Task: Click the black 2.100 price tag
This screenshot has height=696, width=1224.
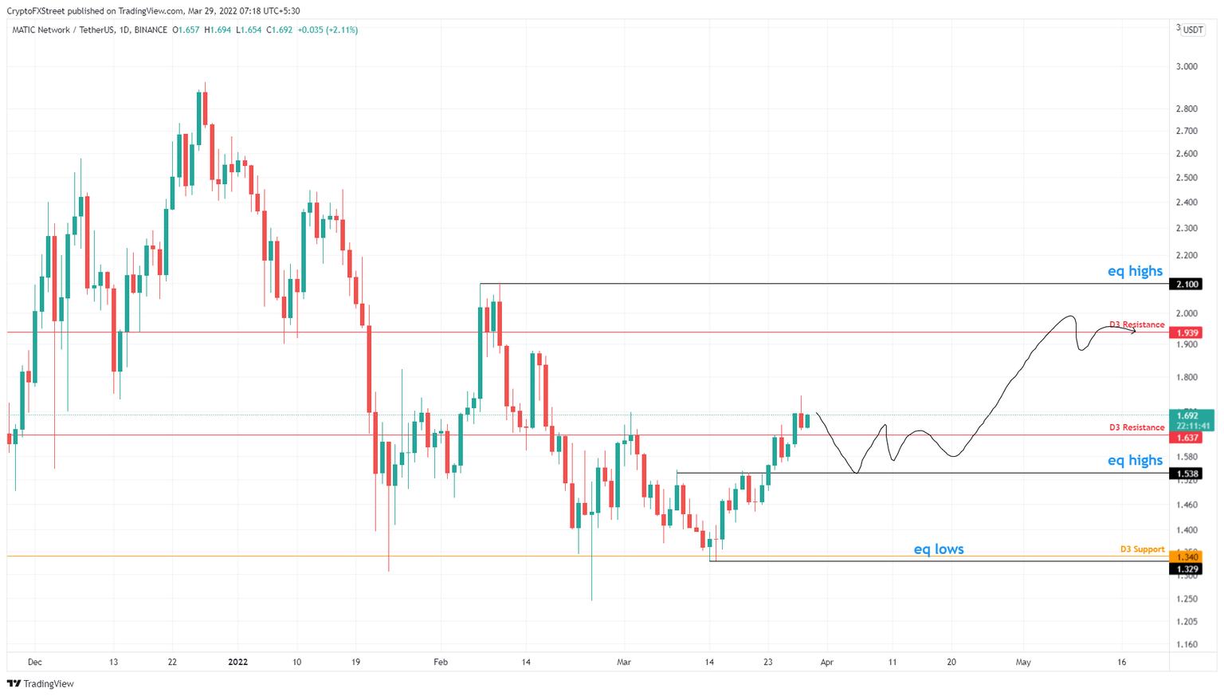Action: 1187,285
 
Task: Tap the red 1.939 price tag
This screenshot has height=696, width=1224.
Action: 1187,332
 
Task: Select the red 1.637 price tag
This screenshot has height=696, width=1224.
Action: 1187,438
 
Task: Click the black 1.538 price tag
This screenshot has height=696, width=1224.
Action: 1187,474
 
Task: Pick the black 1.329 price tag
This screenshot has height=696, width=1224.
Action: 1187,568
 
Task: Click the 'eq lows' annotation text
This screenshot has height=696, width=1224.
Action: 938,549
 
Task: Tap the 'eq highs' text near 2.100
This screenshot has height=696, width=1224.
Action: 1135,271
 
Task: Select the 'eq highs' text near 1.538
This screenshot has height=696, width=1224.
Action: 1135,460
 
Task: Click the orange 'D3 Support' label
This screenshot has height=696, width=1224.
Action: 1142,549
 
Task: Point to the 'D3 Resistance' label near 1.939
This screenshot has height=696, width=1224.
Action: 1136,324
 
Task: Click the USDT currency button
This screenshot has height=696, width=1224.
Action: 1193,30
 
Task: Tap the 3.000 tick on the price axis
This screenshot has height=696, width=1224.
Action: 1187,66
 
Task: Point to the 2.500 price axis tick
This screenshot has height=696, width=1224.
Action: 1187,177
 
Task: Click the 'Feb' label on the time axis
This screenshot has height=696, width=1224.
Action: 441,662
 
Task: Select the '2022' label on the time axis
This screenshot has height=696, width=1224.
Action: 237,662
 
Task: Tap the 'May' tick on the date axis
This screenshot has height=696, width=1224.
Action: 1023,662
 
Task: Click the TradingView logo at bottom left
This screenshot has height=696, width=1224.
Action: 41,683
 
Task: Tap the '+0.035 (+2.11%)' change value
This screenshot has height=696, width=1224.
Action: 328,30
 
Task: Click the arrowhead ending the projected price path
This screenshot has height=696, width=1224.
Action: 1134,330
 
